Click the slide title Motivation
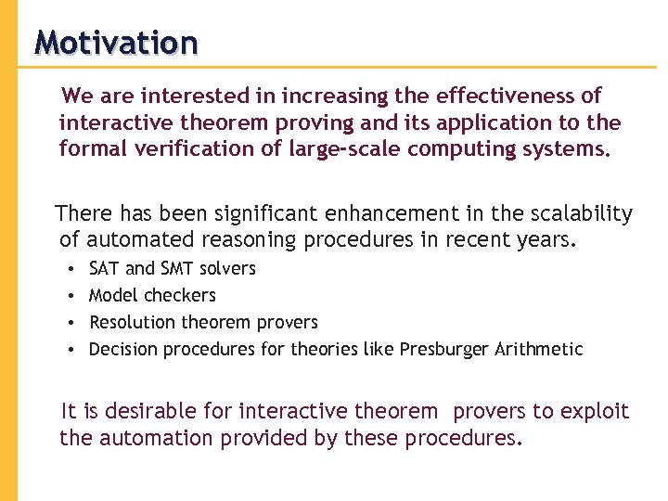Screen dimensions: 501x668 [x=116, y=43]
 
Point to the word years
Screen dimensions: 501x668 [x=546, y=241]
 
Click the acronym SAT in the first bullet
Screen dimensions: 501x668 [x=104, y=269]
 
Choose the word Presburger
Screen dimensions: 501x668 [x=444, y=350]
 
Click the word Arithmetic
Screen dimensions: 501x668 [x=539, y=350]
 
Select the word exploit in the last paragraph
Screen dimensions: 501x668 [x=596, y=411]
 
